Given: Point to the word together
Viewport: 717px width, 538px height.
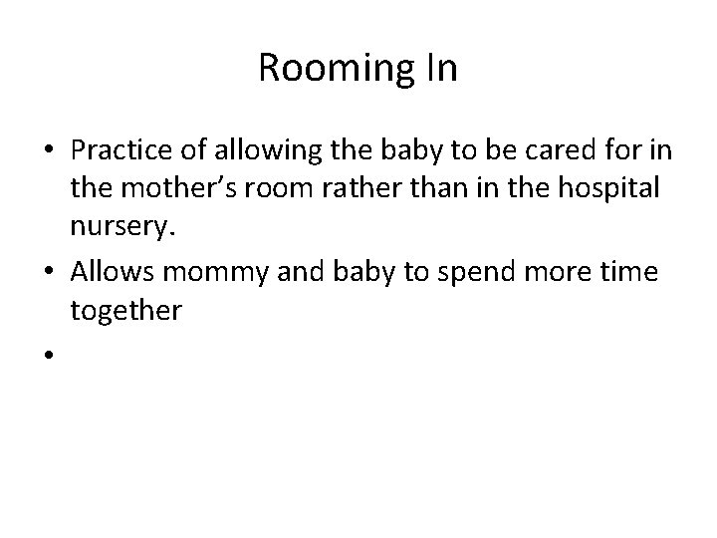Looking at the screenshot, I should tap(125, 311).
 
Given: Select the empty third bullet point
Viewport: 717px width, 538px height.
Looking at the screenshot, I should tap(48, 353).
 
